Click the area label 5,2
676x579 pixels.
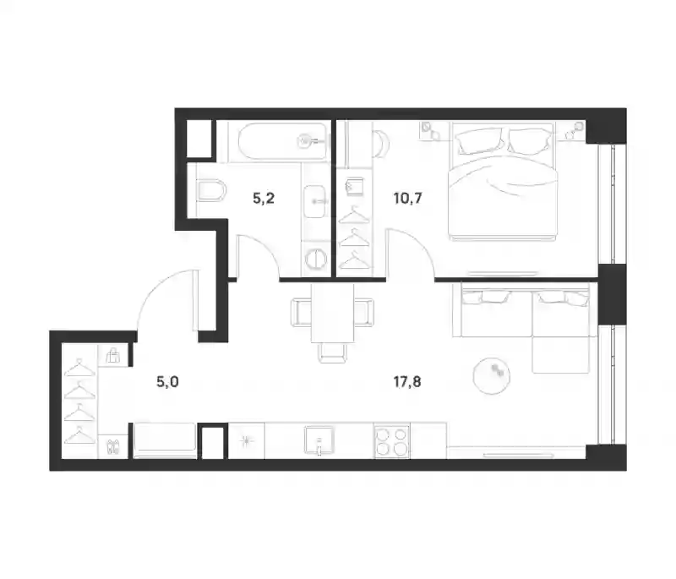coord(264,199)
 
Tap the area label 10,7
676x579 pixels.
coord(407,199)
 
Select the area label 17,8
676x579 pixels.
coord(407,381)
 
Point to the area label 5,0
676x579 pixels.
coord(167,381)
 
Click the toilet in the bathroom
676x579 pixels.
coord(211,190)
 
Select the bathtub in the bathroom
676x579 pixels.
coord(282,142)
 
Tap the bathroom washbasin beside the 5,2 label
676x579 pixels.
coord(314,201)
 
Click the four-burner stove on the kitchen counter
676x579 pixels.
coord(392,441)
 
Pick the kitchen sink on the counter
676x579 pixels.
coord(319,440)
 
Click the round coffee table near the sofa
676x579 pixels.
coord(492,376)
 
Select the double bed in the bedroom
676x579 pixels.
coord(503,181)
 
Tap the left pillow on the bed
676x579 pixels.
coord(478,141)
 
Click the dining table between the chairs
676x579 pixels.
coord(332,313)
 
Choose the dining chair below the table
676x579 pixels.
coord(332,352)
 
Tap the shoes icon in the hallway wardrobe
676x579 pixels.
coord(113,446)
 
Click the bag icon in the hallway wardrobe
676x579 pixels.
coord(113,356)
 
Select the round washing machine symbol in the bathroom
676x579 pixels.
coord(315,259)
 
